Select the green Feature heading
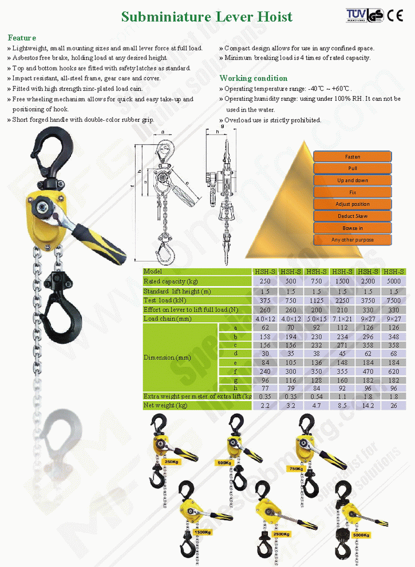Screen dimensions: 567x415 tap(22, 38)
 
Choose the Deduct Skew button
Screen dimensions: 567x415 tap(352, 216)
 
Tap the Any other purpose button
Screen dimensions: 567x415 tap(352, 240)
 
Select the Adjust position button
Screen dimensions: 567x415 tap(352, 204)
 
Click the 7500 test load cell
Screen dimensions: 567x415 tap(393, 300)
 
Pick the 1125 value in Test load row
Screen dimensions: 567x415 tap(315, 300)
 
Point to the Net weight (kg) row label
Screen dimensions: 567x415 tap(165, 406)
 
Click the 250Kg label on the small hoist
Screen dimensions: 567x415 tap(171, 461)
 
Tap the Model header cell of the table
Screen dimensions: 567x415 tap(153, 272)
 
